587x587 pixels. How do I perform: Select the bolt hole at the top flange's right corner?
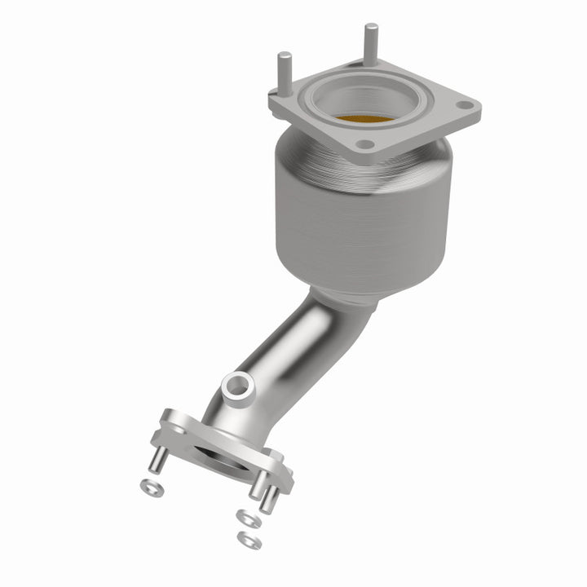tap(463, 105)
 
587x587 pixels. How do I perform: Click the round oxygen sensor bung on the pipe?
tap(237, 385)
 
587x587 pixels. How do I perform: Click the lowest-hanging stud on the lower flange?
tap(266, 497)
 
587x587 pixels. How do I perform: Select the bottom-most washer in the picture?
tap(242, 538)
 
